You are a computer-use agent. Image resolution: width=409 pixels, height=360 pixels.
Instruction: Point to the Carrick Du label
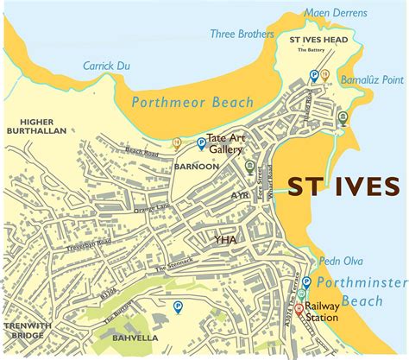pyautogui.click(x=105, y=65)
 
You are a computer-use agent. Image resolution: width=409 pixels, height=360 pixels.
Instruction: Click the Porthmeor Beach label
pyautogui.click(x=192, y=103)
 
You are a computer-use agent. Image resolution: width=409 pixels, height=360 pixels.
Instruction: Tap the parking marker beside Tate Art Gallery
pyautogui.click(x=201, y=143)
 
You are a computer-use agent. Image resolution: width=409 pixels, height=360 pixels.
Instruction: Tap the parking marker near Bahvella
pyautogui.click(x=179, y=306)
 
